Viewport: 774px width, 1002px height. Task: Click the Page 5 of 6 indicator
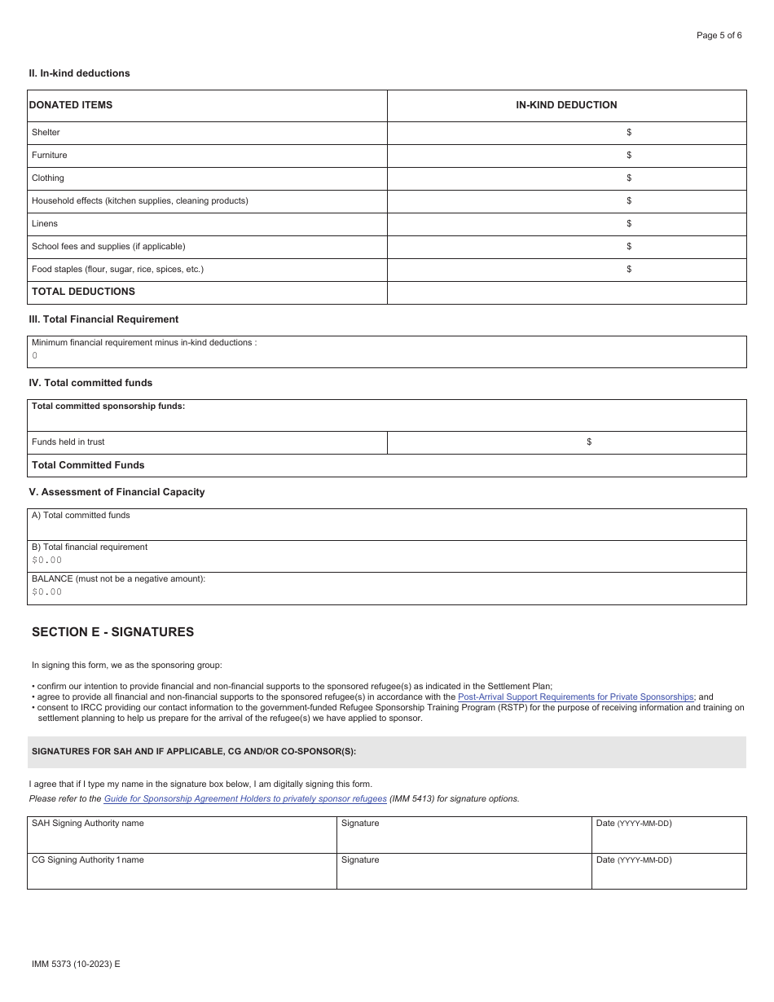tap(719, 35)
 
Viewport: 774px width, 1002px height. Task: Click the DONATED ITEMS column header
tap(72, 105)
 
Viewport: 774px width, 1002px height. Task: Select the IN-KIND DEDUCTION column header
tap(566, 105)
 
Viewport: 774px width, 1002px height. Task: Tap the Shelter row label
tap(46, 132)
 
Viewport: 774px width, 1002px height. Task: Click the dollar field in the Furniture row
tap(566, 155)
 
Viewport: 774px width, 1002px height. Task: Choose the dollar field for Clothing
tap(566, 178)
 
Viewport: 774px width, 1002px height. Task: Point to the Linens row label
tap(45, 223)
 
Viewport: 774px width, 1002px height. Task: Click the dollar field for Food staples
tap(566, 269)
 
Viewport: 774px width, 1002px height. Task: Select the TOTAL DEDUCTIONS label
tap(83, 292)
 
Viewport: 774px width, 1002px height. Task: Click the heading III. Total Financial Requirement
tap(103, 319)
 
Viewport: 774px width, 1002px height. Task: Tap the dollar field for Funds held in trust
tap(566, 442)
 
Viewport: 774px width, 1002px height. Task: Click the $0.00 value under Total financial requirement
tap(46, 560)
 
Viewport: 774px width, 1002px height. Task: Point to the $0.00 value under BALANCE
tap(46, 592)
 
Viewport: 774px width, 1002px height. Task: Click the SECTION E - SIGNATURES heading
tap(112, 632)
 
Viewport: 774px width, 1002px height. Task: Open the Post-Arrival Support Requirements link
tap(575, 697)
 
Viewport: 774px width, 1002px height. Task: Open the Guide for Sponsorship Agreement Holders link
tap(245, 799)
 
